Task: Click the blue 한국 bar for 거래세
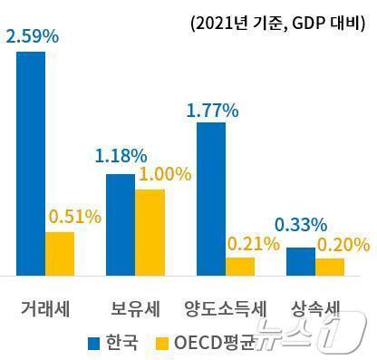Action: tap(31, 163)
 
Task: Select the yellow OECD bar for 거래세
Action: tap(60, 253)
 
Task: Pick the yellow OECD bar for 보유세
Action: tap(150, 231)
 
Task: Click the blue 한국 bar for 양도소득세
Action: tap(211, 199)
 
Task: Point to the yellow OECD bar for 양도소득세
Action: tap(240, 266)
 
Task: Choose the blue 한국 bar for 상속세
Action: tap(301, 260)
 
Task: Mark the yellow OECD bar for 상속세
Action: tap(330, 266)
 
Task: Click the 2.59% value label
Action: tap(32, 37)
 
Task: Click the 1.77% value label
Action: tap(211, 111)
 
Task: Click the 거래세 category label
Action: tap(45, 307)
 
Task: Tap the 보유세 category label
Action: tap(135, 307)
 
